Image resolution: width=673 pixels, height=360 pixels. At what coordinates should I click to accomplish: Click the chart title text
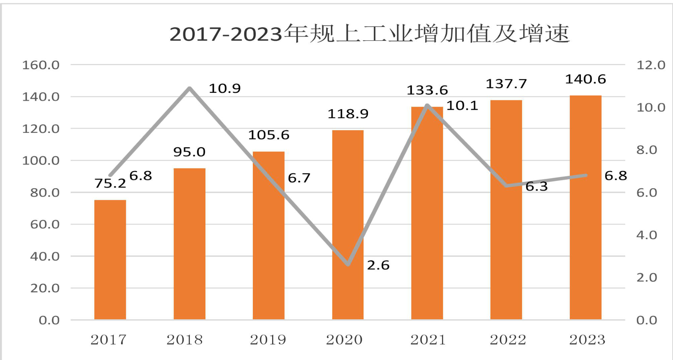pos(369,34)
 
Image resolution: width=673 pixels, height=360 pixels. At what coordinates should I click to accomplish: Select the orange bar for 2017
pos(110,260)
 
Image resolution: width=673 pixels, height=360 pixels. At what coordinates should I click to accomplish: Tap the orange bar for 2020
pos(348,225)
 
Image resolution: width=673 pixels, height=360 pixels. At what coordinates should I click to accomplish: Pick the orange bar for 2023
pos(585,208)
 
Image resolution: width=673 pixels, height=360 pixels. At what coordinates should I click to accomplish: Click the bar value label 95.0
pos(189,152)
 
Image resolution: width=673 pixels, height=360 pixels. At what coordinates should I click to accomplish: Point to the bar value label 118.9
pos(348,114)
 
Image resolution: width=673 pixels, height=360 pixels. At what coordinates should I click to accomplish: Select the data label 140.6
pos(585,79)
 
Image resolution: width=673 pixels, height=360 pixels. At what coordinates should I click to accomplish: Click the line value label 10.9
pos(225,88)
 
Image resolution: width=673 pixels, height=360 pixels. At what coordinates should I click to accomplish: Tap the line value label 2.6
pos(378,265)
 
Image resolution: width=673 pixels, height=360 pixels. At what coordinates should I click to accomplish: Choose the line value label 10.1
pos(462,106)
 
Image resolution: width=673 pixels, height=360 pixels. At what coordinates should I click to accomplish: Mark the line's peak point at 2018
pos(190,88)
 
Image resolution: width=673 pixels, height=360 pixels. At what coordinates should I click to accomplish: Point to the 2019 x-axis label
pos(268,340)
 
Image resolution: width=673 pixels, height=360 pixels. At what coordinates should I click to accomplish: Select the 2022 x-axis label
pos(508,340)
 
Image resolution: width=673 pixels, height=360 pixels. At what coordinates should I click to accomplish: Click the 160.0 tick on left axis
pos(41,65)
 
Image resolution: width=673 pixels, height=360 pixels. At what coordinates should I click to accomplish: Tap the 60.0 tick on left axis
pos(45,225)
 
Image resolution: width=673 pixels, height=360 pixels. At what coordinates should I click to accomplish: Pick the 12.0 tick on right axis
pos(651,65)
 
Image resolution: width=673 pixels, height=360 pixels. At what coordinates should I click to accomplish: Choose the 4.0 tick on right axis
pos(647,235)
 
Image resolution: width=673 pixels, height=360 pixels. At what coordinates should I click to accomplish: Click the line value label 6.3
pos(536,186)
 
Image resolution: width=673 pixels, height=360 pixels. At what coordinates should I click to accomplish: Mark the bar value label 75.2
pos(110,183)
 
